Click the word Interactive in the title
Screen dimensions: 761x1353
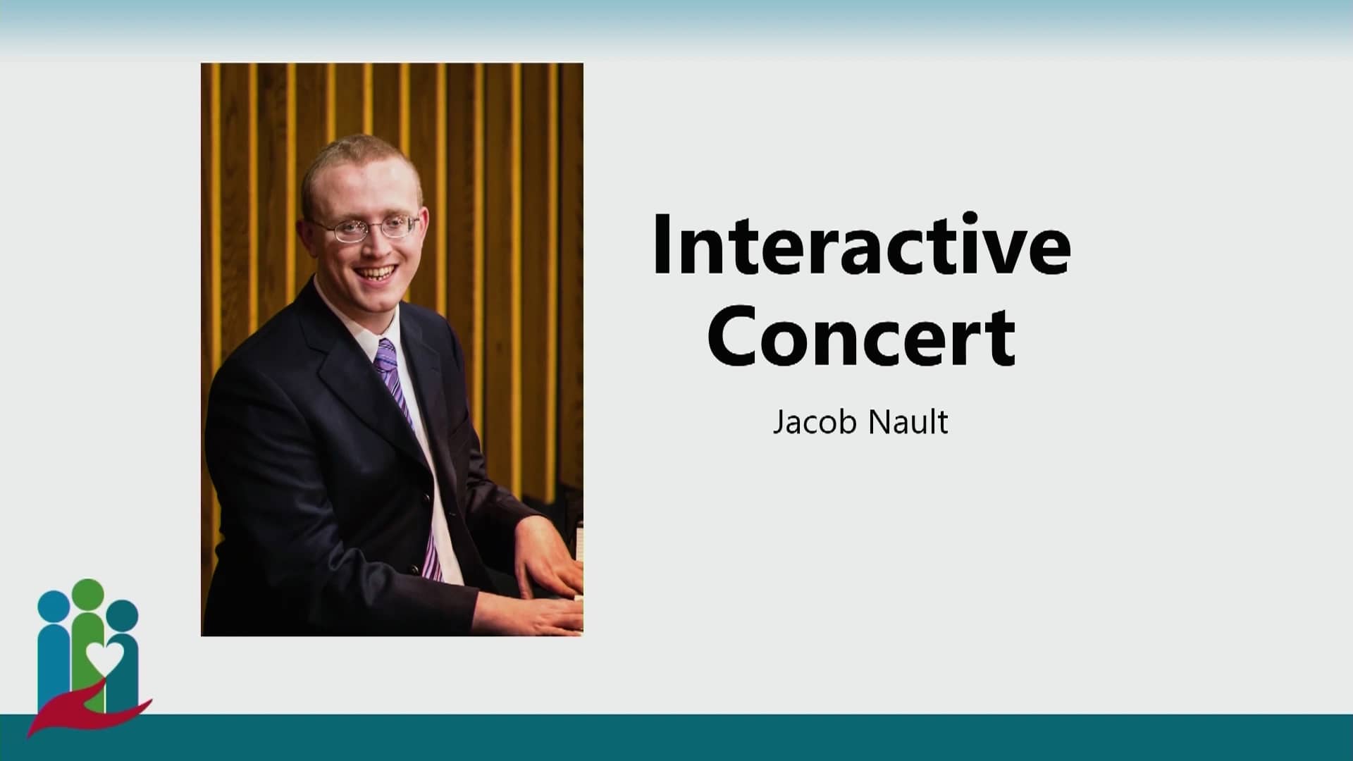pyautogui.click(x=861, y=243)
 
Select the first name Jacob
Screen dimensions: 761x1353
pyautogui.click(x=815, y=422)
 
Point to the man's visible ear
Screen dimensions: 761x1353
pyautogui.click(x=309, y=236)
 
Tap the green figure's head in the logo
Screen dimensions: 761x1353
pyautogui.click(x=88, y=596)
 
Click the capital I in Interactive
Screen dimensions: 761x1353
pyautogui.click(x=662, y=243)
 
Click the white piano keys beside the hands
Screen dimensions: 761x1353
pyautogui.click(x=579, y=543)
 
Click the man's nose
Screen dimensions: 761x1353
pyautogui.click(x=373, y=244)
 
